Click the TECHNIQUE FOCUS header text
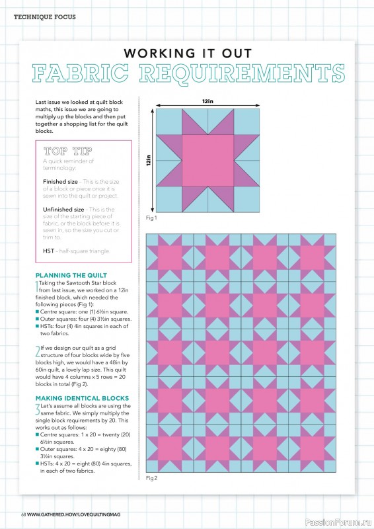pos(40,16)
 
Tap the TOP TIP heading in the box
pos(64,151)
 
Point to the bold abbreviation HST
pos(49,251)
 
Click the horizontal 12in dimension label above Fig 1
pos(207,101)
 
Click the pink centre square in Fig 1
pos(207,161)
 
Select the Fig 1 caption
pos(151,218)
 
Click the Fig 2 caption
pos(151,477)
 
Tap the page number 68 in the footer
pos(23,514)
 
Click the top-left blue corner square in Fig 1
pos(167,122)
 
